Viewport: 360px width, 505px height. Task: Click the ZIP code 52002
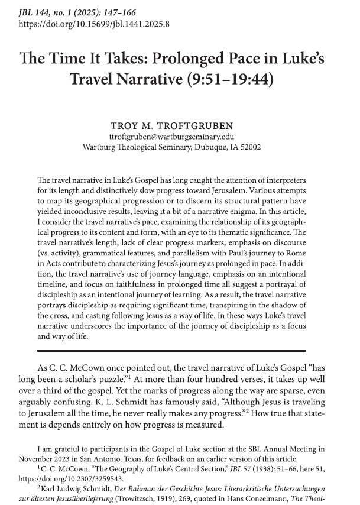tap(260, 147)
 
